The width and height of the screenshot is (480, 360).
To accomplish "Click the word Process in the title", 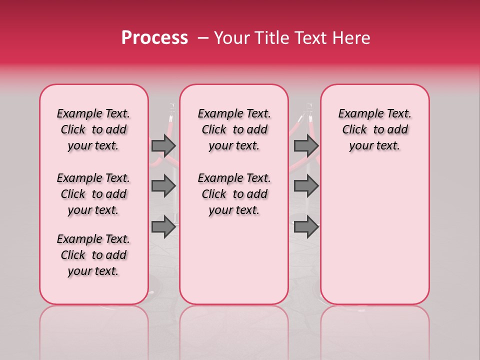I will coord(154,38).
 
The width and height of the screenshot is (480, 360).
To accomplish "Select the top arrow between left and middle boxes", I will coord(163,145).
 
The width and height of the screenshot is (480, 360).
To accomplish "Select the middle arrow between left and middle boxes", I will coord(163,186).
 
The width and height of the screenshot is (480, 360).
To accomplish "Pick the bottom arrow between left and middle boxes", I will coord(163,227).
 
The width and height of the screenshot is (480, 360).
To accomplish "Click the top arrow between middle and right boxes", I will coord(306,145).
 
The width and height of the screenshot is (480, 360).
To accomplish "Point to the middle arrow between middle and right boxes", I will coord(306,186).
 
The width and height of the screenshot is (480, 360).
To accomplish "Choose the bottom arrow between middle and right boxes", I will coord(306,227).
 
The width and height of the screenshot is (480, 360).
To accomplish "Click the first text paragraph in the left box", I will coord(93,129).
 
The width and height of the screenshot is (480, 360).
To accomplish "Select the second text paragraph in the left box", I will coord(93,194).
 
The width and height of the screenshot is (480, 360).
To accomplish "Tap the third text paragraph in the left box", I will coord(93,255).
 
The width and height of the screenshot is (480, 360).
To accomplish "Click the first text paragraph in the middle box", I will coord(234,129).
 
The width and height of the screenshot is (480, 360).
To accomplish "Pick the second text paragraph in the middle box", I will coord(234,194).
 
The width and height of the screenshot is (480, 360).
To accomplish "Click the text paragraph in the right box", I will coord(374,129).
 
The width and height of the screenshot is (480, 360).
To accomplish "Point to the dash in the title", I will coord(203,38).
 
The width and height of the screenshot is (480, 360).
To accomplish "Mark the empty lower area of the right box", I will coord(374,235).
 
